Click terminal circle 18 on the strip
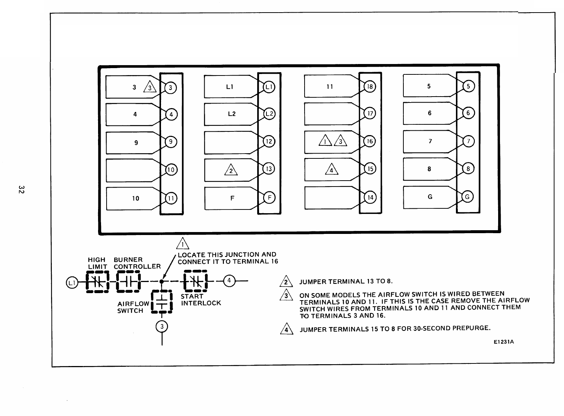[370, 87]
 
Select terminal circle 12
[269, 141]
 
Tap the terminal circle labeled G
[467, 197]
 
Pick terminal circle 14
[370, 198]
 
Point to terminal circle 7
[468, 141]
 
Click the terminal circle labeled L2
[269, 114]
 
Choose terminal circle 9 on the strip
[171, 142]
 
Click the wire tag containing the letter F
[232, 198]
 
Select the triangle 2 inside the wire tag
[231, 170]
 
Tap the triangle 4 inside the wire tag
[331, 169]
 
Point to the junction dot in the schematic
[162, 281]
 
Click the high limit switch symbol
[97, 282]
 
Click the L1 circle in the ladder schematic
[71, 282]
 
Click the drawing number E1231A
[504, 342]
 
